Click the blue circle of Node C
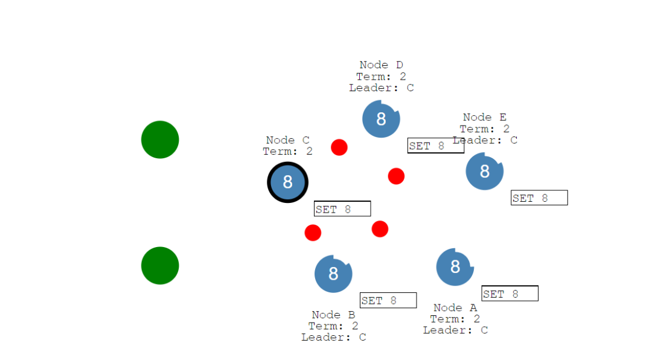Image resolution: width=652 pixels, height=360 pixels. coord(288,182)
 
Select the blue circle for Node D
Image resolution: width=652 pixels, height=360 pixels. coord(381,119)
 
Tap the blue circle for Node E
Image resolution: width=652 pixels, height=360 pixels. coord(484,172)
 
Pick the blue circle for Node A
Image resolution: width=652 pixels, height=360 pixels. coord(455,267)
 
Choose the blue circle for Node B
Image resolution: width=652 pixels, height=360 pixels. coord(333,274)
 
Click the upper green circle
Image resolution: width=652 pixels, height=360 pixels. coord(160,140)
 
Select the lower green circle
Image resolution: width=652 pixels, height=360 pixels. coord(160,265)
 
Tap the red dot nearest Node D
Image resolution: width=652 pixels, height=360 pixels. coord(339,147)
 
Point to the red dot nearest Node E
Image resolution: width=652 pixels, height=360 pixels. coord(396,176)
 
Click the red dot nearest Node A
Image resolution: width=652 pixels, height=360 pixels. coord(380,229)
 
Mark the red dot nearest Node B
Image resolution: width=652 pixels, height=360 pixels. coord(313,233)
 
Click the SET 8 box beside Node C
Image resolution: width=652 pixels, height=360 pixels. coord(342,209)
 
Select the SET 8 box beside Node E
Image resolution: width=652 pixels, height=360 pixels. coord(539,198)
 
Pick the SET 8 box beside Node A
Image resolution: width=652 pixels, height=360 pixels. coord(510,294)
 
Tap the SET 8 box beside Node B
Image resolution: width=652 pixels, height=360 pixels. coord(388,300)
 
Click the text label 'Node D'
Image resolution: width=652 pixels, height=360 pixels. coord(381,65)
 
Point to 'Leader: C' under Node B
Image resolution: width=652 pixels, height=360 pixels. coord(334,337)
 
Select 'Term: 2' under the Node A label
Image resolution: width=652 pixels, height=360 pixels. coord(455,319)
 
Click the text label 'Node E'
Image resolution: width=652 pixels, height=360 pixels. coord(485,117)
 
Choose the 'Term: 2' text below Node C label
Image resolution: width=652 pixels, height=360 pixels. coord(288,152)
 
